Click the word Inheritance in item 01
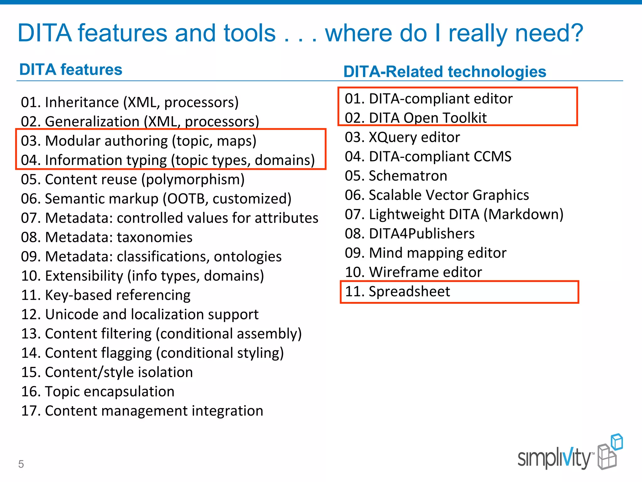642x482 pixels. pyautogui.click(x=82, y=103)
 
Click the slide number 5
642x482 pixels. pyautogui.click(x=21, y=464)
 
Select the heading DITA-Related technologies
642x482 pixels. pyautogui.click(x=445, y=72)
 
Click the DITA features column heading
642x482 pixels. pyautogui.click(x=71, y=70)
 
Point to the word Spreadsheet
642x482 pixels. pyautogui.click(x=409, y=292)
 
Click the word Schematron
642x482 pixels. pyautogui.click(x=408, y=176)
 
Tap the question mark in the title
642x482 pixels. pyautogui.click(x=576, y=33)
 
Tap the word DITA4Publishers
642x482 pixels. pyautogui.click(x=422, y=234)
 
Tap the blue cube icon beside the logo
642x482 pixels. pyautogui.click(x=617, y=442)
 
